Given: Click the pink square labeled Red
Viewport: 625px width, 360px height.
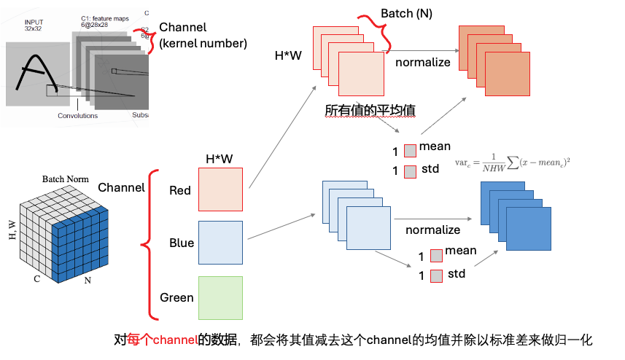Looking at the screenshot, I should point(220,190).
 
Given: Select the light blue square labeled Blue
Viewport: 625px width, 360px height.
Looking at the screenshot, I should point(220,243).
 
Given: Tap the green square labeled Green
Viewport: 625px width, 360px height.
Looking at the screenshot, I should point(220,297).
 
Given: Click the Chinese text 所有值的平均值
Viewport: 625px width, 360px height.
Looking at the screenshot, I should point(370,111).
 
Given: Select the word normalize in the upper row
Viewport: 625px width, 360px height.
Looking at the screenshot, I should point(423,62).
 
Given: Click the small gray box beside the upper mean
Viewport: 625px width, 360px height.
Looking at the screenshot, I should point(410,151).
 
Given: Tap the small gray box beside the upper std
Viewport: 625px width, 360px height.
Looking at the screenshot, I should point(410,171).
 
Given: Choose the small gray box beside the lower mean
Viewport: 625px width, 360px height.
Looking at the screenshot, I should point(436,255).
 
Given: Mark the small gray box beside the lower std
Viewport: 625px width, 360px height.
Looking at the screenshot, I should point(436,275).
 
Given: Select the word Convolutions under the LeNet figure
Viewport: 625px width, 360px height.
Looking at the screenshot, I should point(78,115).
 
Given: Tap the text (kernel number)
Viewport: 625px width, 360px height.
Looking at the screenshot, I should point(203,43).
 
